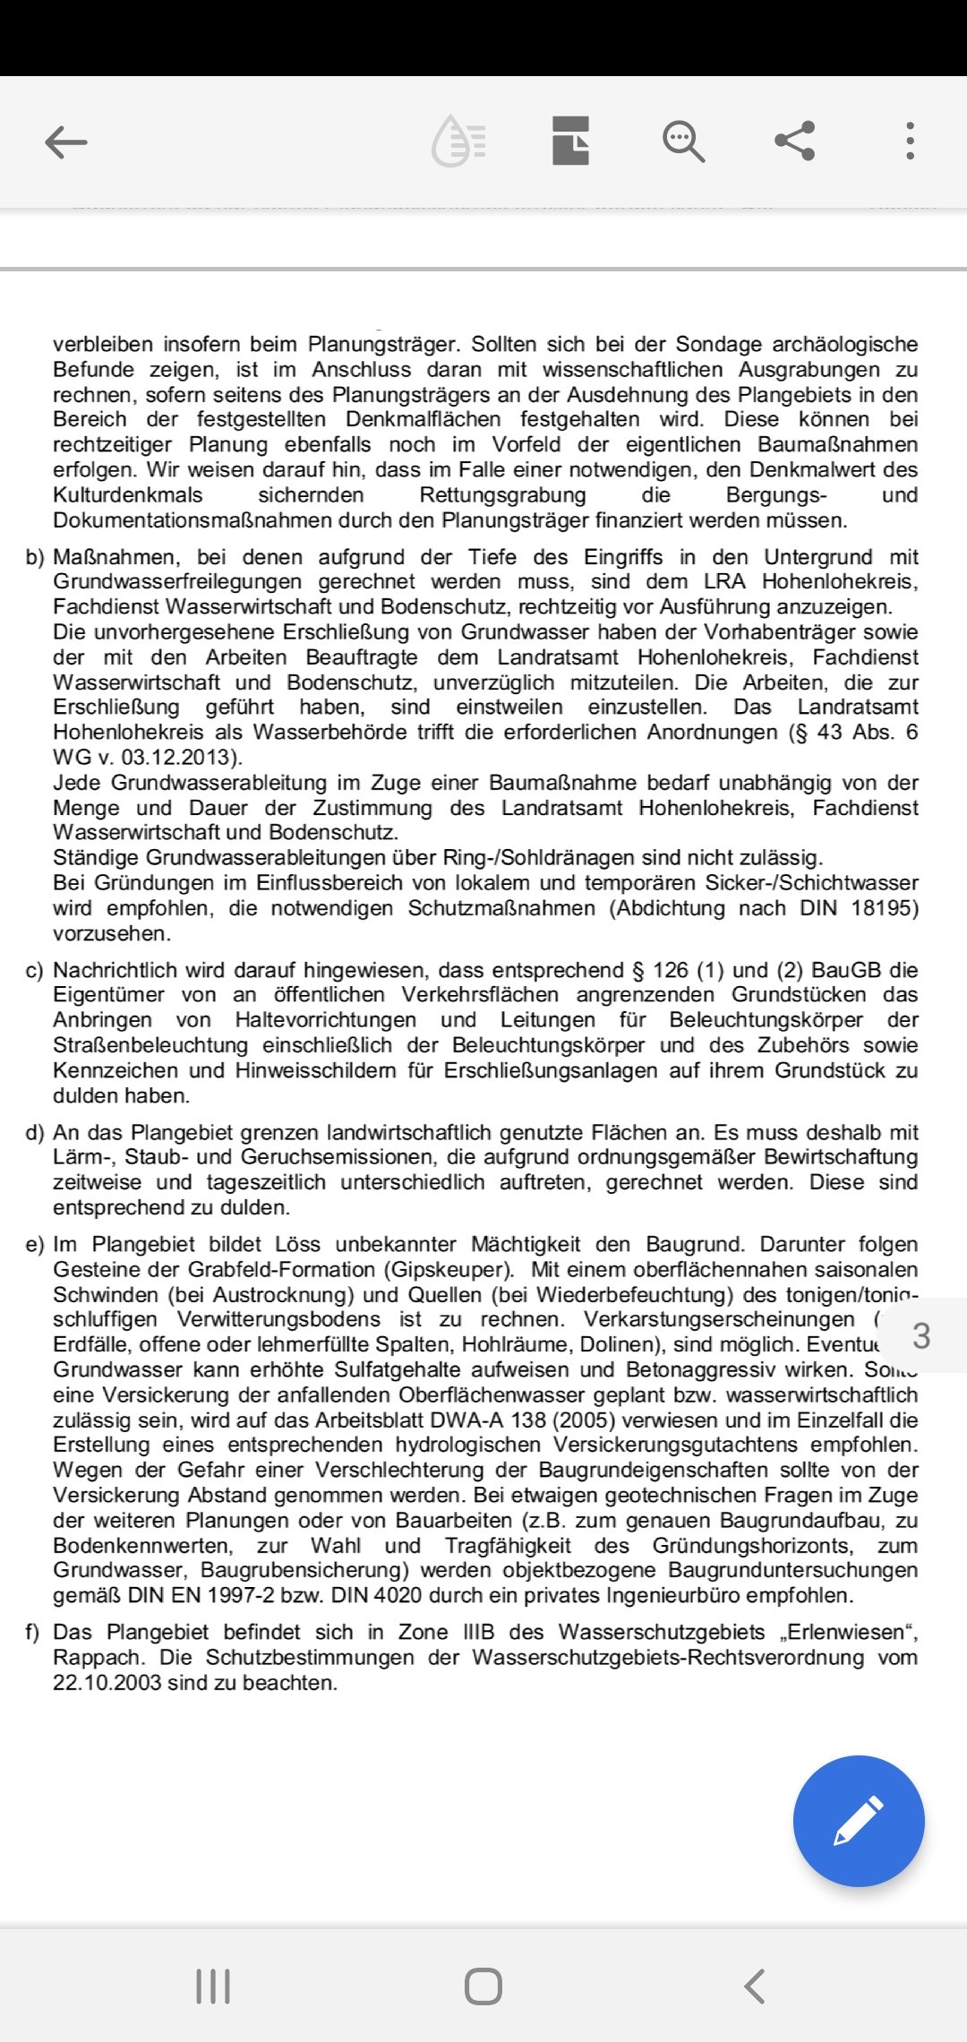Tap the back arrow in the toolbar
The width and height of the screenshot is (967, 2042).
[x=66, y=142]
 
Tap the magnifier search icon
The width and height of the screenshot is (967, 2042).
[x=683, y=142]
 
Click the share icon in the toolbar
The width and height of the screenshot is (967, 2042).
[x=794, y=141]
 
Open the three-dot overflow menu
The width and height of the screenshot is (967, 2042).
[x=910, y=142]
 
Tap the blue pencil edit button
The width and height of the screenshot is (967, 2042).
[x=858, y=1821]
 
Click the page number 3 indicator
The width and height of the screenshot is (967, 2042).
[x=921, y=1335]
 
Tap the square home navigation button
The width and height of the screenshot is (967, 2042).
[x=483, y=1986]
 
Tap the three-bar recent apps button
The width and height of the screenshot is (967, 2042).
[x=213, y=1986]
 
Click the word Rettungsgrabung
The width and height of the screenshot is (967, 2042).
[x=502, y=495]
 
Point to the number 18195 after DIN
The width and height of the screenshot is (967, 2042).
[x=885, y=908]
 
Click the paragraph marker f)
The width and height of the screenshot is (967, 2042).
[x=34, y=1632]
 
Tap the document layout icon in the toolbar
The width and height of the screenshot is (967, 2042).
[x=570, y=141]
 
